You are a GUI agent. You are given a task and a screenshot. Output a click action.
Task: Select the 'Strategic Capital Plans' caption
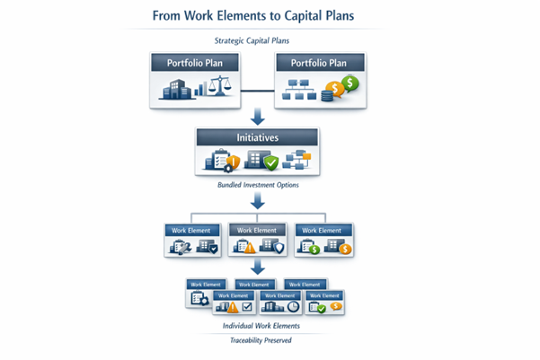(x=257, y=40)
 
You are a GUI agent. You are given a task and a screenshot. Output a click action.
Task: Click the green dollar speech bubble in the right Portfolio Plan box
(x=350, y=83)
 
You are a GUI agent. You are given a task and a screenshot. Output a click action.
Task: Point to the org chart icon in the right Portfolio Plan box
(x=302, y=88)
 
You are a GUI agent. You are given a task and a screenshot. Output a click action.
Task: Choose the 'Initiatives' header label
(x=257, y=138)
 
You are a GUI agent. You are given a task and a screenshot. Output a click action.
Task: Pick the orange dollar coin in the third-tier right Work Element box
(x=345, y=249)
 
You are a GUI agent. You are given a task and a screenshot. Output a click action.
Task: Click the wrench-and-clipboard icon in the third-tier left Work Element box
(x=178, y=246)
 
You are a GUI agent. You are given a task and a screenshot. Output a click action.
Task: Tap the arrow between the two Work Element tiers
(x=257, y=268)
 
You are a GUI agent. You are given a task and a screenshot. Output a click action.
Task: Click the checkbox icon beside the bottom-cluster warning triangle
(x=246, y=307)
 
